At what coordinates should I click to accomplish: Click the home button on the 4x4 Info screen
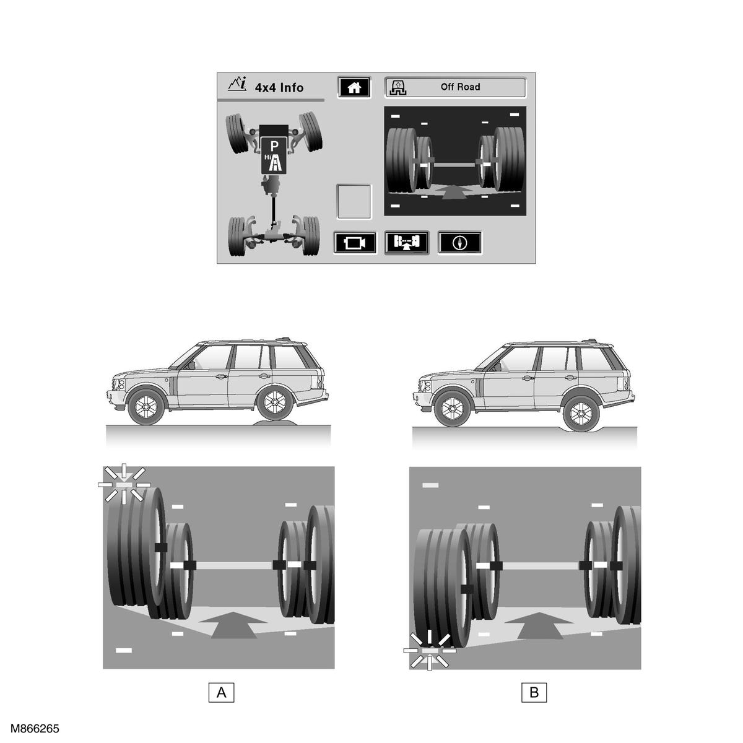[x=354, y=87]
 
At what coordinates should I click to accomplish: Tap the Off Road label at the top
[x=461, y=87]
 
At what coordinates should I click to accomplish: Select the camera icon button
[x=355, y=243]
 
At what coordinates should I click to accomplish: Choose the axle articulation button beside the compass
[x=407, y=243]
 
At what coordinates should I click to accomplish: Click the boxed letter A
[x=221, y=692]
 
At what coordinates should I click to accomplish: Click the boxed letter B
[x=534, y=692]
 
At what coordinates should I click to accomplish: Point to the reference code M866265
[x=35, y=728]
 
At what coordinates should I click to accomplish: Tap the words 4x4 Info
[x=279, y=87]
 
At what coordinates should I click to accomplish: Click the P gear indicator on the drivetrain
[x=274, y=146]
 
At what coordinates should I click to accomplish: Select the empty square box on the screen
[x=354, y=202]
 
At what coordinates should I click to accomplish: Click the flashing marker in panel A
[x=124, y=484]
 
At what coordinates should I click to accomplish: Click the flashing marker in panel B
[x=430, y=651]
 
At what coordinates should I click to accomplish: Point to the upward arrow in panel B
[x=539, y=625]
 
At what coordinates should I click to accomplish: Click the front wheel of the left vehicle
[x=146, y=406]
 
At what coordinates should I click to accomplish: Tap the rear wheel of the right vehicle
[x=581, y=414]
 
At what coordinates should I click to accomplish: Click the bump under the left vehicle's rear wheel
[x=275, y=423]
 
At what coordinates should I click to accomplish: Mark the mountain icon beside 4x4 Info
[x=237, y=84]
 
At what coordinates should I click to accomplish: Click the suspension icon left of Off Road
[x=398, y=87]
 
